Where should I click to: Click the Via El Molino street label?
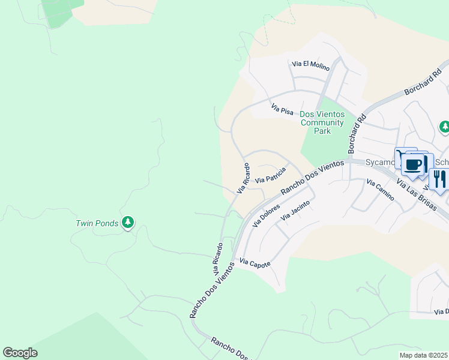[310, 65]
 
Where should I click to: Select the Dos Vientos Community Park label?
[322, 122]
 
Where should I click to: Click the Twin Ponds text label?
[97, 224]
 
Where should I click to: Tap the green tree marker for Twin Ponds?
[127, 223]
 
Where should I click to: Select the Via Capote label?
[255, 262]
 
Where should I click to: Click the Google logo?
[20, 353]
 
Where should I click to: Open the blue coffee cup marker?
[414, 164]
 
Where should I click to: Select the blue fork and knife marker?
[439, 178]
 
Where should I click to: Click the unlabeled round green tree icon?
[444, 127]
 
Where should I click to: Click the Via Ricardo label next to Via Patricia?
[242, 178]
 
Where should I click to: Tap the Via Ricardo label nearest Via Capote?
[218, 259]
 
